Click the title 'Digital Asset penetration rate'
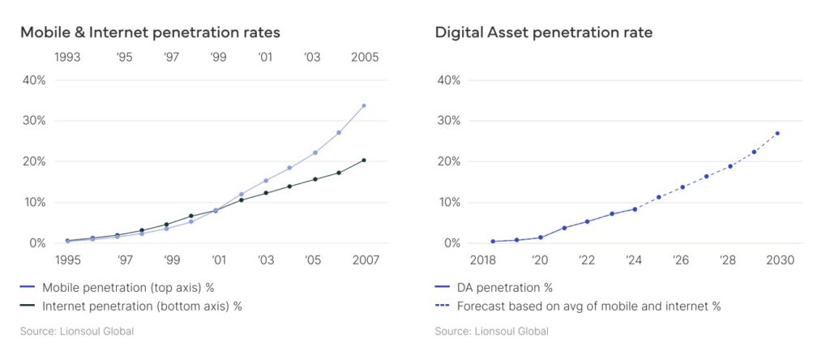tap(544, 33)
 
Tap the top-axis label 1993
tap(67, 58)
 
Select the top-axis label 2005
tap(364, 58)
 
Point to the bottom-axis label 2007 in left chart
tap(364, 260)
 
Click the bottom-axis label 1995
tap(67, 260)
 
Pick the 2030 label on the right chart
tap(779, 260)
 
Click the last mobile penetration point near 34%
tap(364, 105)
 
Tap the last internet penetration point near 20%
tap(364, 160)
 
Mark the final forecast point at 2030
tap(778, 133)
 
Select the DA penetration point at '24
tap(635, 209)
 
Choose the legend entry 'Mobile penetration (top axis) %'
tap(127, 287)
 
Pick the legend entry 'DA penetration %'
tap(504, 287)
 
